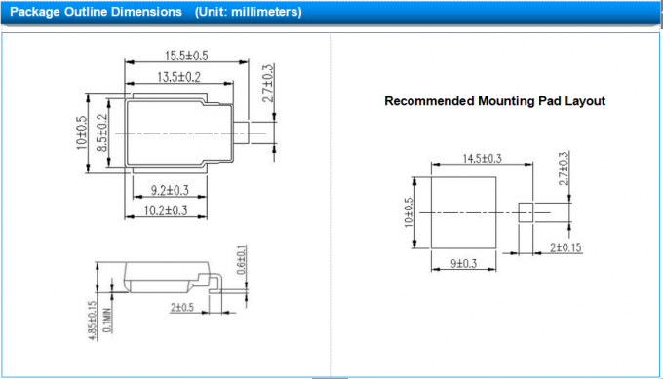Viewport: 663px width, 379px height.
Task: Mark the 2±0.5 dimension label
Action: [182, 308]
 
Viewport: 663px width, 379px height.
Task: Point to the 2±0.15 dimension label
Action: [564, 248]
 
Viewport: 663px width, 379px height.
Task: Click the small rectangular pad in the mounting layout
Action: [526, 212]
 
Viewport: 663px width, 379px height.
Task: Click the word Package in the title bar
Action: [35, 12]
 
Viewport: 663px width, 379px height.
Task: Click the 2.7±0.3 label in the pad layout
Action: [563, 169]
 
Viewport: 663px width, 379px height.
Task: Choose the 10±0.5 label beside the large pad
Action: [409, 211]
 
